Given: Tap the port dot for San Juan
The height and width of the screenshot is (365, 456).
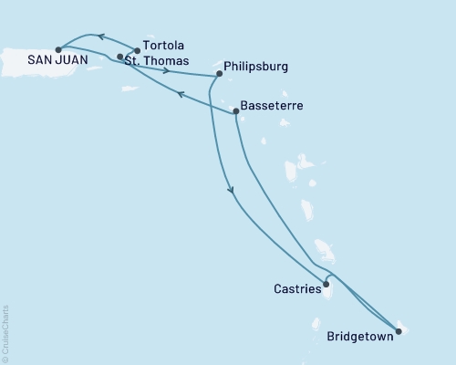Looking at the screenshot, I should click(x=57, y=49).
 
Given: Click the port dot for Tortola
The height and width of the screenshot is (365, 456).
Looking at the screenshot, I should click(x=137, y=51).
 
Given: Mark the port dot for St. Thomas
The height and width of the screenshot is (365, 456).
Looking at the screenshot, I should click(x=120, y=57).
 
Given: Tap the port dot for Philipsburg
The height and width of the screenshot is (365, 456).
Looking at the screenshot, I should click(x=219, y=74).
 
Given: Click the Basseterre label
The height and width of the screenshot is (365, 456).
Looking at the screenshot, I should click(x=272, y=106).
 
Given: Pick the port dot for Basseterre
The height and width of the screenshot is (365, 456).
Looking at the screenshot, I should click(x=236, y=111).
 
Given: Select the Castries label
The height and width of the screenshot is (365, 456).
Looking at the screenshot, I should click(x=296, y=289).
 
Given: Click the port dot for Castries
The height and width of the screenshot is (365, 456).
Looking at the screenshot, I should click(x=326, y=284).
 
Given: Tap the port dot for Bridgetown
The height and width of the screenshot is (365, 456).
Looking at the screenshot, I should click(x=398, y=331).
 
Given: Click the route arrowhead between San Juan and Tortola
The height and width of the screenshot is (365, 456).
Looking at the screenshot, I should click(x=101, y=37).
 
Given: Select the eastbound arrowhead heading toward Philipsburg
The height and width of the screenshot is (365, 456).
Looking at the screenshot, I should click(x=166, y=69).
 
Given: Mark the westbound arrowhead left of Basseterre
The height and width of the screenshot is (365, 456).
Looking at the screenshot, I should click(x=181, y=93).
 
